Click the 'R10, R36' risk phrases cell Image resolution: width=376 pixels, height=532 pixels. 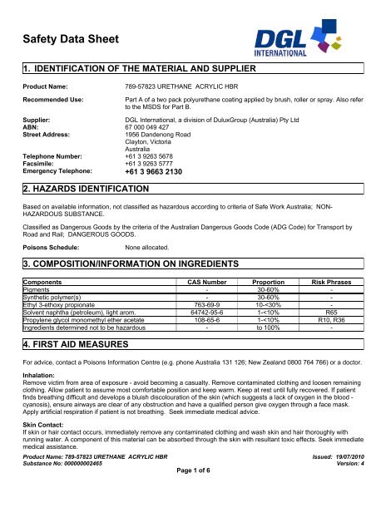(331, 320)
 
